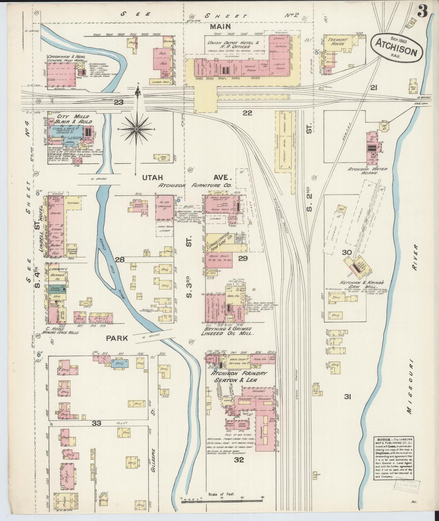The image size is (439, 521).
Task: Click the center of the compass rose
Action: coord(136,129)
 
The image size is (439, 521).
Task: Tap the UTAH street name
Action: coord(152,178)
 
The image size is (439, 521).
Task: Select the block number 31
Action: coord(348,396)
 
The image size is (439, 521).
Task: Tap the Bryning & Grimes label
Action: coord(227,329)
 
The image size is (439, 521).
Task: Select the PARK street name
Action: coord(117,338)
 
